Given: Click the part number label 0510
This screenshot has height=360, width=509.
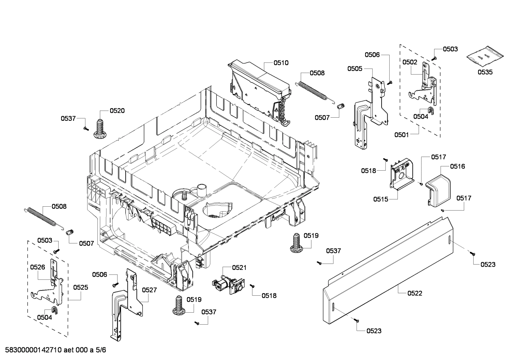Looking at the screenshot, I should (x=281, y=63).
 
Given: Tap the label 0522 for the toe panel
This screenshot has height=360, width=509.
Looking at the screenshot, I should (x=414, y=293).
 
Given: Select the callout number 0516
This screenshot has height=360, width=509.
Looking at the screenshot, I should (x=457, y=166).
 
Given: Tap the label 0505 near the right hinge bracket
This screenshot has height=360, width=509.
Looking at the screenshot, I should (x=354, y=69).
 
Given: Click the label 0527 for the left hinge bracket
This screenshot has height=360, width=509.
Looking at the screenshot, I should (x=149, y=290).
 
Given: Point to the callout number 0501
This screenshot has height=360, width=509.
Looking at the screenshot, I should (x=402, y=135).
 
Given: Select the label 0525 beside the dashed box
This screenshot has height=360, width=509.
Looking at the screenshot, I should (x=80, y=288).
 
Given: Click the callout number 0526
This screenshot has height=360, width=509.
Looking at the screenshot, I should (x=37, y=267).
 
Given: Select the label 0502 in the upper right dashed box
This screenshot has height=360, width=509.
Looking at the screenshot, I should (x=409, y=62).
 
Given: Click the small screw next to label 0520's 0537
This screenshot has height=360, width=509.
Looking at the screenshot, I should (x=85, y=129).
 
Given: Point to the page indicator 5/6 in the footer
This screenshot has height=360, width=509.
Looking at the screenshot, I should (x=101, y=350).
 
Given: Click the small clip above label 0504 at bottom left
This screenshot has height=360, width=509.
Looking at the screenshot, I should (x=55, y=310).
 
